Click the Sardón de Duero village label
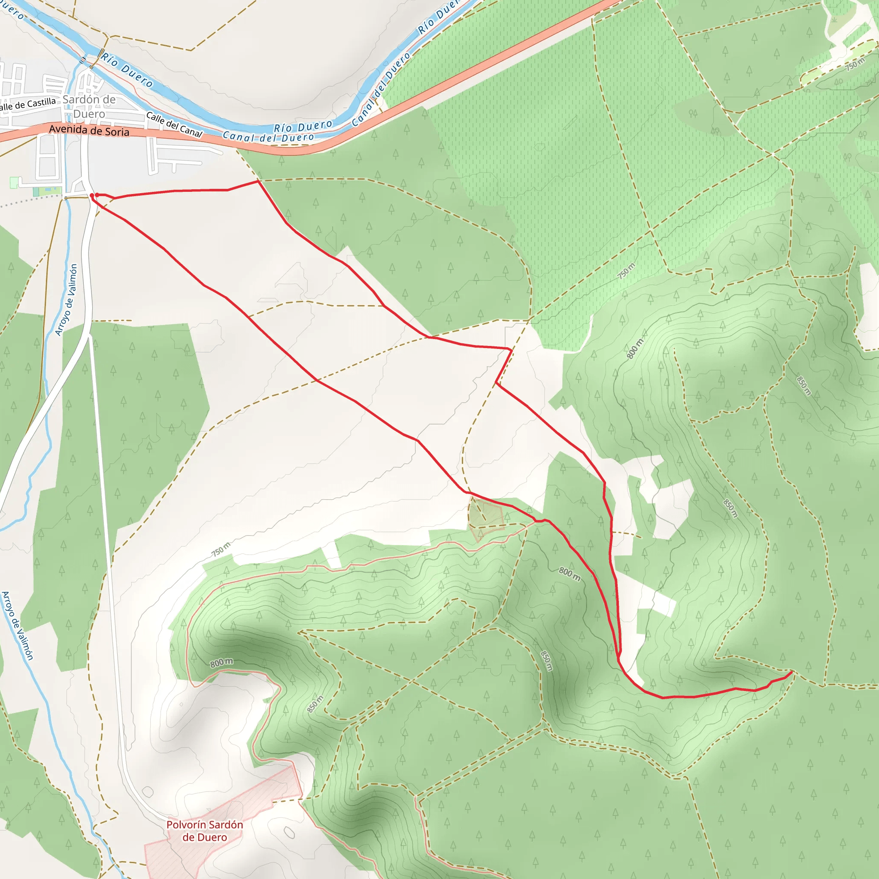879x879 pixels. pos(89,106)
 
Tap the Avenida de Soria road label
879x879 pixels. pos(89,130)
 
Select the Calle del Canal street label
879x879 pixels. pos(174,124)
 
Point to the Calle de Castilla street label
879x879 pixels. pos(28,105)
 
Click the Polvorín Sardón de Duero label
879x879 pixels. pos(204,831)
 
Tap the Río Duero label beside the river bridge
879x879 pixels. pos(127,70)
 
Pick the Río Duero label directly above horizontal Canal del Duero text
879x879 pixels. pos(303,126)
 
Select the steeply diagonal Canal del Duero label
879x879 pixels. pos(381,89)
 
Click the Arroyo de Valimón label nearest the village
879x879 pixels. pos(67,300)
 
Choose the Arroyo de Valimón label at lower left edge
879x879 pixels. pos(17,626)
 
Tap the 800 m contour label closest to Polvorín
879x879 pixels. pos(221,662)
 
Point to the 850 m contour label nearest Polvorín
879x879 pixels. pos(315,704)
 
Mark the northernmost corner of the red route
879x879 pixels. pos(258,181)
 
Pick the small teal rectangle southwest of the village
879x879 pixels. pos(36,191)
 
